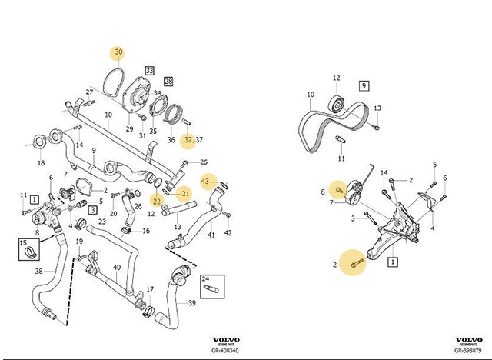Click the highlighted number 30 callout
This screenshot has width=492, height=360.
tap(118, 52)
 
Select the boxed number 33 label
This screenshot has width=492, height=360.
tap(149, 71)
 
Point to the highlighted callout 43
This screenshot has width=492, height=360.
tap(205, 181)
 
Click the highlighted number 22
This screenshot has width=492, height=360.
tap(156, 201)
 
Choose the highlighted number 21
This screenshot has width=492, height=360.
tap(184, 192)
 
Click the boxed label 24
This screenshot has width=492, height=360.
tap(205, 278)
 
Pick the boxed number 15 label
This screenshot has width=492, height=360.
tap(23, 242)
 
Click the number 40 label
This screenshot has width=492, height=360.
tap(117, 268)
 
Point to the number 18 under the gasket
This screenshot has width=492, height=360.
tap(41, 163)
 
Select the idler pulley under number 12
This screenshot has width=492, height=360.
tap(336, 103)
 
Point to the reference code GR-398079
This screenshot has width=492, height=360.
tap(468, 350)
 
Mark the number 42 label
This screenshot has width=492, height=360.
tap(228, 232)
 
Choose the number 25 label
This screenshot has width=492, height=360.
tap(204, 162)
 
